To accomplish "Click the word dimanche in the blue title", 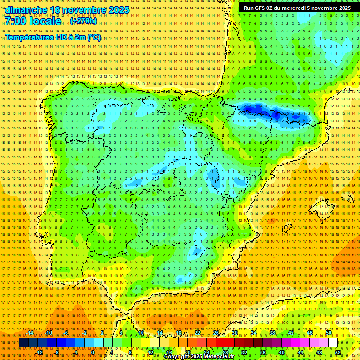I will [x=26, y=10].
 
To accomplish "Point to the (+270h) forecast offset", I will [x=83, y=21].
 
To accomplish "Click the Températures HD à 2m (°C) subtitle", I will [x=52, y=37].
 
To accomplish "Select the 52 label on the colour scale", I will [x=338, y=352].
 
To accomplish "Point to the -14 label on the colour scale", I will [x=30, y=333].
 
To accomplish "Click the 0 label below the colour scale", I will [x=93, y=352].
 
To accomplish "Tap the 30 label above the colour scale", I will [x=234, y=333].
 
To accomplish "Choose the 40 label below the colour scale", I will [x=281, y=352].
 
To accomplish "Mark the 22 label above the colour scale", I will [x=197, y=333].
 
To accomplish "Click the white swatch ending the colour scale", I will [x=333, y=343].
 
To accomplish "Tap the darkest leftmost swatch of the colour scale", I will [x=23, y=343].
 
